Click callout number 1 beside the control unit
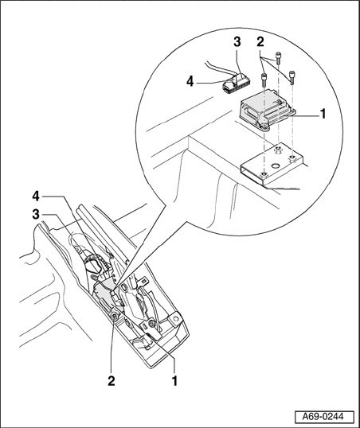click(x=323, y=114)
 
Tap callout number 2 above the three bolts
click(x=260, y=42)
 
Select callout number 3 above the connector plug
click(x=237, y=41)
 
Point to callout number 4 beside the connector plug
click(x=190, y=81)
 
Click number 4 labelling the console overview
click(x=36, y=196)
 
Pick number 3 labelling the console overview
click(x=36, y=215)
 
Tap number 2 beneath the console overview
click(x=112, y=381)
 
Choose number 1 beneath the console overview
click(x=174, y=381)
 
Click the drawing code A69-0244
click(x=324, y=417)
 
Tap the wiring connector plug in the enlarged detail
click(x=235, y=83)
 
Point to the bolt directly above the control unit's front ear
click(x=264, y=80)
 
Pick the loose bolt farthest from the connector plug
click(x=292, y=77)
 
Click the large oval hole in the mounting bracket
click(x=276, y=165)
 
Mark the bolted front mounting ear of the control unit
click(x=264, y=126)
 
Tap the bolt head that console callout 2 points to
click(x=115, y=316)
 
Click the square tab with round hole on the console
click(x=176, y=318)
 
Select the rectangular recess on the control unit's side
click(x=248, y=112)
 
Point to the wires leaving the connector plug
click(x=219, y=68)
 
